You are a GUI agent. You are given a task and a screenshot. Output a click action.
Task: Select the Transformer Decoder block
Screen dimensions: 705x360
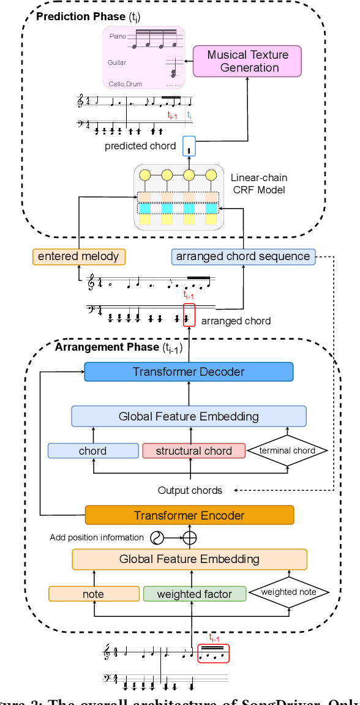[x=189, y=371]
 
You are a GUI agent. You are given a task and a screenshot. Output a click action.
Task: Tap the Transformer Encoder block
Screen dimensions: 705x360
[x=189, y=515]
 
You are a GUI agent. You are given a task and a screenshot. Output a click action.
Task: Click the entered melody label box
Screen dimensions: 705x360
[x=78, y=256]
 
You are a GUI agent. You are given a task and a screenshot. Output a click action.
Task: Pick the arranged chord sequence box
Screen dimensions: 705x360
[x=242, y=256]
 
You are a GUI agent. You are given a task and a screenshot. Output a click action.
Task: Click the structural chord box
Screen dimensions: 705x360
[x=193, y=451]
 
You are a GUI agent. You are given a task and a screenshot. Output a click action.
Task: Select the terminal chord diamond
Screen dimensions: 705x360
[x=287, y=451]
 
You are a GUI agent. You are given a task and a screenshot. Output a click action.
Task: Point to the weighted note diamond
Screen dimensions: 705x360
[x=288, y=592]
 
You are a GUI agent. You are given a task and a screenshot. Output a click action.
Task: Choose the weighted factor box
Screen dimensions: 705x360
[x=194, y=594]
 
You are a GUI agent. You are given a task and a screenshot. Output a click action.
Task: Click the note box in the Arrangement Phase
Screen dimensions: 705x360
[x=94, y=594]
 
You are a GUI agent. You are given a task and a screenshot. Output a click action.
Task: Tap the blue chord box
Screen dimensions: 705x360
[x=93, y=451]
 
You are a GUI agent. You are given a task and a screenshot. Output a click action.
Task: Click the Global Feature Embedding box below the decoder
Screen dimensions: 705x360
[x=189, y=417]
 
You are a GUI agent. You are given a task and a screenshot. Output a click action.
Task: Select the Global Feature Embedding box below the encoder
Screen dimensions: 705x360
[x=189, y=559]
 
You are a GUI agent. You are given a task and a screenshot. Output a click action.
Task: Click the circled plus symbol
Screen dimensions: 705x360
[x=190, y=538]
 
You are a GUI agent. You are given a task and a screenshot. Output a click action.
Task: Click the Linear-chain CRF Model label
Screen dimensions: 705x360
[x=259, y=184]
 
